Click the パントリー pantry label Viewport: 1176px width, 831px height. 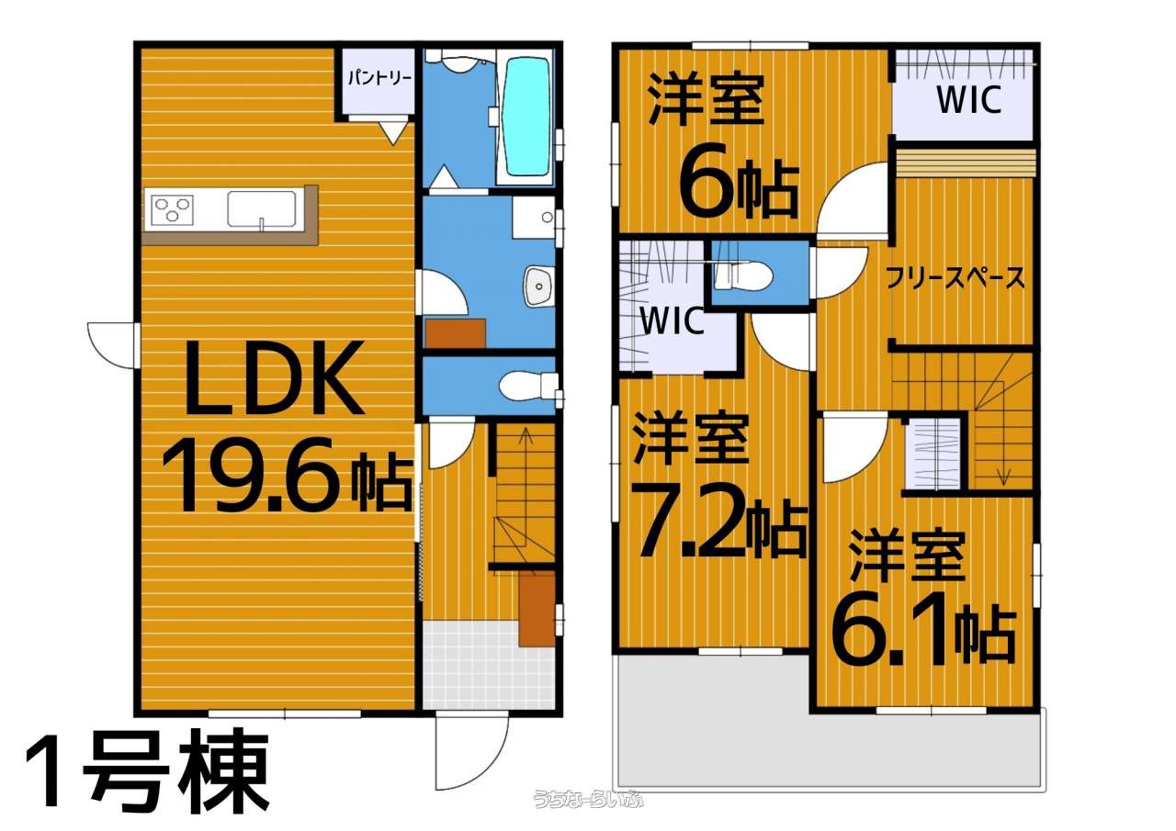pos(380,79)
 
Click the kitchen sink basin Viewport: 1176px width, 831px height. pos(262,208)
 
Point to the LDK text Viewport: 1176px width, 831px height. pos(275,377)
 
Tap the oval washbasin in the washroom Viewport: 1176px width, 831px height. pos(538,286)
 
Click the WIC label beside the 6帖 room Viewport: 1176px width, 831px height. pos(969,100)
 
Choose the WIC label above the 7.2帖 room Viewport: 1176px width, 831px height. pos(673,320)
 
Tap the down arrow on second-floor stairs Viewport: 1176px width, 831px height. pos(1004,444)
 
